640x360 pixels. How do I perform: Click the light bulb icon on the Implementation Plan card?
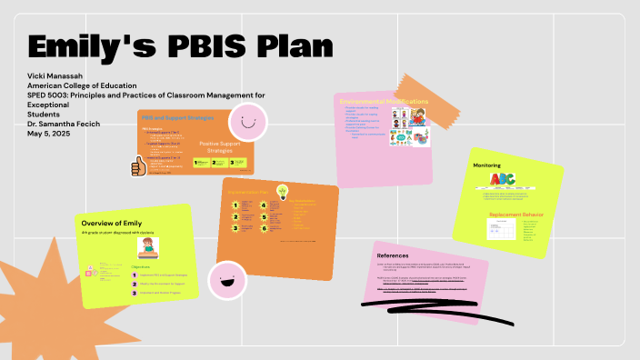coord(283,191)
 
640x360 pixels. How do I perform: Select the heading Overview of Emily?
coord(112,223)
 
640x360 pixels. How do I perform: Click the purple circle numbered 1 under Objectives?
coord(135,274)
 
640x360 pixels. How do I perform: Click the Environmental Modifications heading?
coord(384,101)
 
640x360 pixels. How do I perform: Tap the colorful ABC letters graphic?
coord(503,180)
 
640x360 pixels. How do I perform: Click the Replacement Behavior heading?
coord(515,215)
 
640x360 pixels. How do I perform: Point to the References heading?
coord(394,255)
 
